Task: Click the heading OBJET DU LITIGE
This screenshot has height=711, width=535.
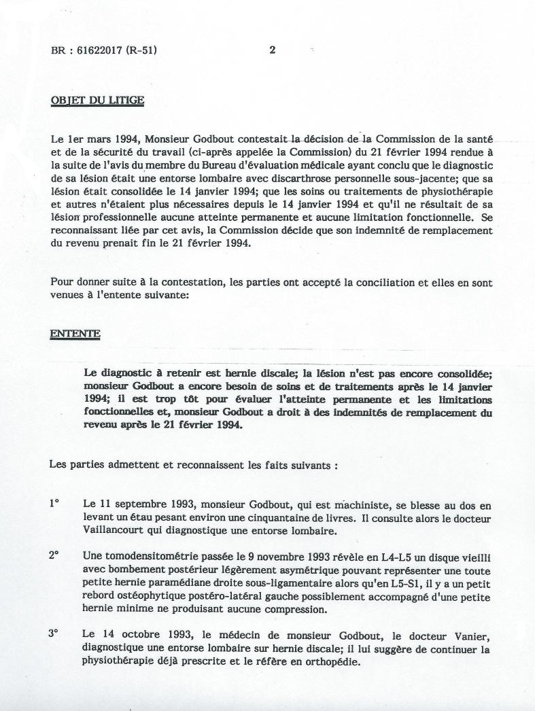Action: coord(97,101)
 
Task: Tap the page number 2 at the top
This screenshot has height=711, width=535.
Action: coord(272,50)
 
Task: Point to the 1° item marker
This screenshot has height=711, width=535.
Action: coord(54,504)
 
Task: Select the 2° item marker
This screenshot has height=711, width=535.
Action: coord(54,555)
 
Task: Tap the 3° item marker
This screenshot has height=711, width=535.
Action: coord(54,633)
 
